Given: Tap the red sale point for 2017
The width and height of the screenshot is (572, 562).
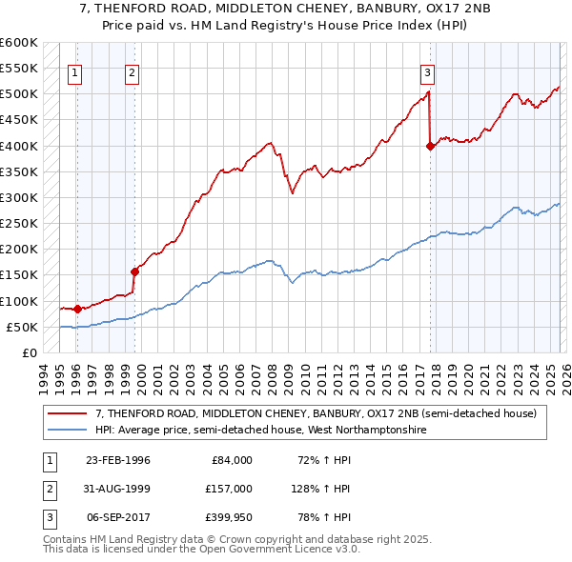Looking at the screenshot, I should pyautogui.click(x=430, y=146).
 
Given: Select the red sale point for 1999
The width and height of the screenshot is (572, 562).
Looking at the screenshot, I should pyautogui.click(x=134, y=271).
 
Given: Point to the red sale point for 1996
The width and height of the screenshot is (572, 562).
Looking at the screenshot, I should pyautogui.click(x=77, y=309).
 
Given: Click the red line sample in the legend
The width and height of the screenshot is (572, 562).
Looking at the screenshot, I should pyautogui.click(x=67, y=414).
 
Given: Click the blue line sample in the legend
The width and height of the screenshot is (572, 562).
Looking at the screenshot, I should pyautogui.click(x=67, y=431).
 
